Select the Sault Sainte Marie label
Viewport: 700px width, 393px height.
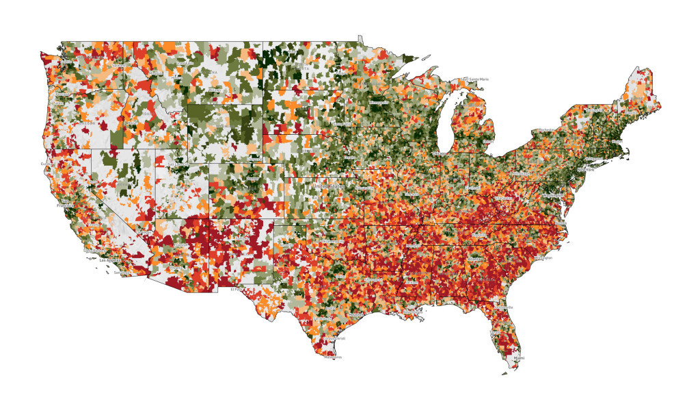point(474,79)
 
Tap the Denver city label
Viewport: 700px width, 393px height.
point(252,179)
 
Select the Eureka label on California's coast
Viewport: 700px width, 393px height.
point(46,164)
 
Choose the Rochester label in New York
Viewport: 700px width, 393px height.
point(546,130)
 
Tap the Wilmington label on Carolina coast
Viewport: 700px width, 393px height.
point(546,257)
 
